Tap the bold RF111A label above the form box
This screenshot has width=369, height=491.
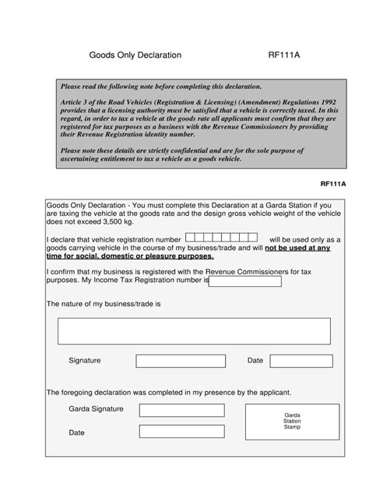tap(332, 185)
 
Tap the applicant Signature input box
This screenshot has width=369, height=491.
tap(180, 361)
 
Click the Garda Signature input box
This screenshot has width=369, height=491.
tap(181, 411)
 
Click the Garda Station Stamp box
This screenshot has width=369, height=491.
tap(292, 422)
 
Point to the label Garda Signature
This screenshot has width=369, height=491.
tap(96, 409)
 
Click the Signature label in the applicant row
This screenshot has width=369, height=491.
tap(85, 361)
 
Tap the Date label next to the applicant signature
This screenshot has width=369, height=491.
tap(255, 361)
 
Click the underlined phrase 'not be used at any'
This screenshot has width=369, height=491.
tap(297, 248)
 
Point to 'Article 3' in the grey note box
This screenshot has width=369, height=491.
tap(76, 101)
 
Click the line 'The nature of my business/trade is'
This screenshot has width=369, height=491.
tap(103, 303)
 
